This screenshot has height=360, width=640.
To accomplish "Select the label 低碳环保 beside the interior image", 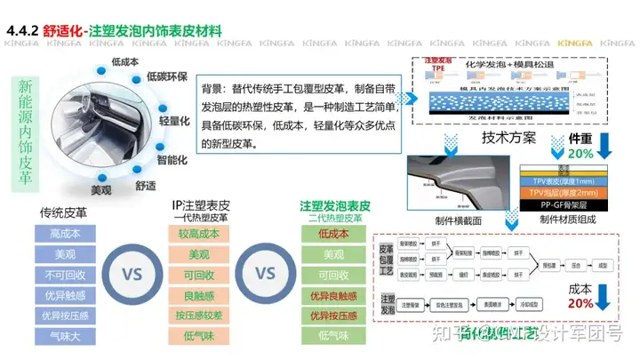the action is pos(166,77).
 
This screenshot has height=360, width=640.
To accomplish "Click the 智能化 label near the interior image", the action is pos(172,160).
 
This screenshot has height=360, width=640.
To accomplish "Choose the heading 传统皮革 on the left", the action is pos(64,212).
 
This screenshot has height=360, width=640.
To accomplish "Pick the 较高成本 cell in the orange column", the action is pos(199,234).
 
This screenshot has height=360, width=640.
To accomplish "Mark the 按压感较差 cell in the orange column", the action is pos(199,316).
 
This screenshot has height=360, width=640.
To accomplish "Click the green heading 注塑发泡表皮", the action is pos(334,205).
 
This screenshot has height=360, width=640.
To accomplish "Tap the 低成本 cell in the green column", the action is pos(334,234).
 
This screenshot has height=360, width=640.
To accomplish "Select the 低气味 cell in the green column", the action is pos(334,336).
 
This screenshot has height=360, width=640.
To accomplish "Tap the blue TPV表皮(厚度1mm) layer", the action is pos(562,180).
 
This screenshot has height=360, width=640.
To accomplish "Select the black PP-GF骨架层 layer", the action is pos(562,203).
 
